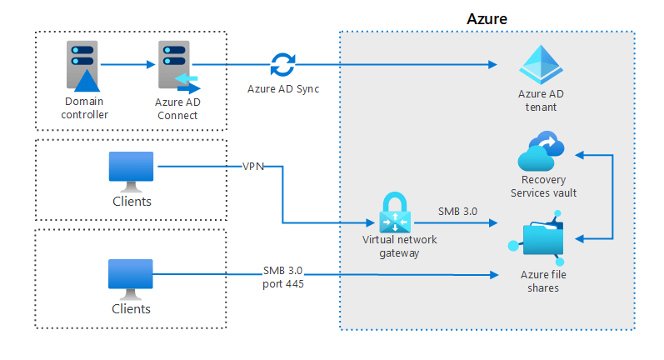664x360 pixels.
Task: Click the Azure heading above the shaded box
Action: point(487,17)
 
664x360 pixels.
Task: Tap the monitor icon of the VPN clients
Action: point(131,171)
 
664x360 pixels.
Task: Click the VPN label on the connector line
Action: point(254,167)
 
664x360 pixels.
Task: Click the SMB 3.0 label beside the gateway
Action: point(457,211)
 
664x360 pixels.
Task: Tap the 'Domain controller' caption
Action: point(84,108)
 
